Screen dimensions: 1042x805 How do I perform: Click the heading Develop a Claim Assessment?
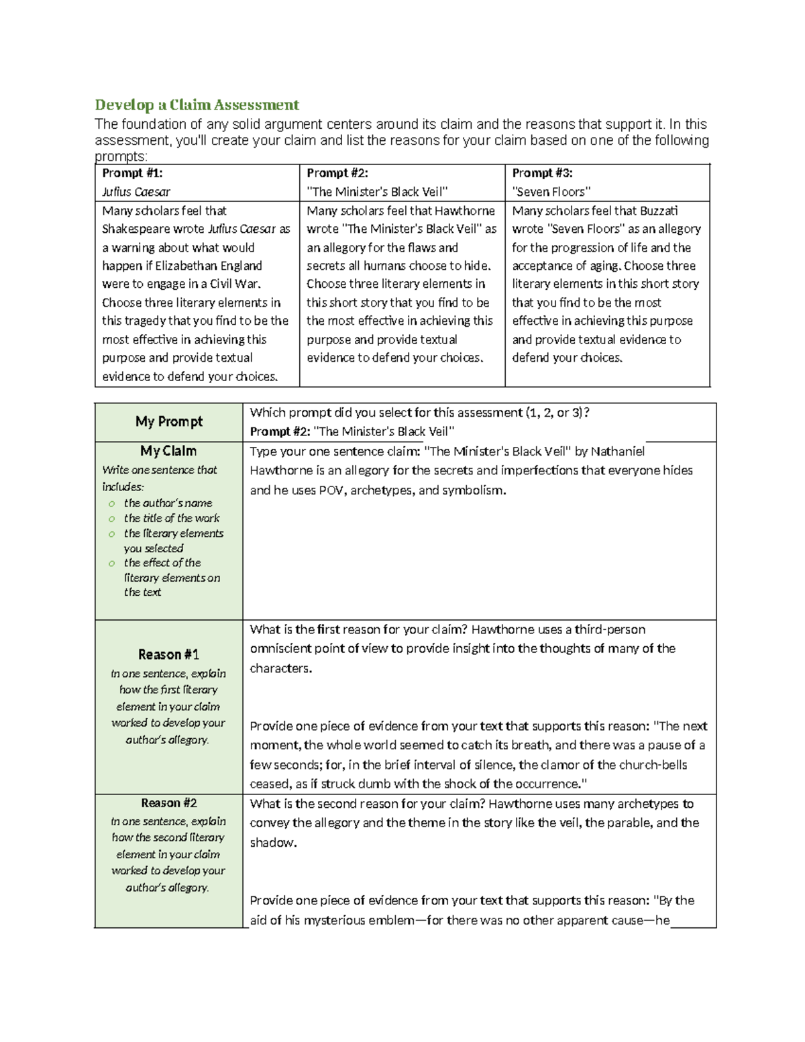point(197,105)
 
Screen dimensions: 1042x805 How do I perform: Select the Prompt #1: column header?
point(132,173)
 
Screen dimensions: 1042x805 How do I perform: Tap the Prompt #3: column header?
point(542,173)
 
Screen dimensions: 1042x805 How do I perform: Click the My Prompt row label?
point(168,421)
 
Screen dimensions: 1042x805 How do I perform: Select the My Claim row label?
point(168,451)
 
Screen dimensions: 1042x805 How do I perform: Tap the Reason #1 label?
point(168,654)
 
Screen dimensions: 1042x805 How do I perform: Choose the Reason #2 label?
point(168,803)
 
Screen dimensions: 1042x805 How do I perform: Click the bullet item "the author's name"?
point(168,503)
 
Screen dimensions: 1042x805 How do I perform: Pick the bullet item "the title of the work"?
point(171,518)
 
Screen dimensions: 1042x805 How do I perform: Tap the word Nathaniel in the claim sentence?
point(614,451)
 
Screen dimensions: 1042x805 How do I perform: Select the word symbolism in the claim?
point(474,490)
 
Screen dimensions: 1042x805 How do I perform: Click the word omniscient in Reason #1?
point(283,648)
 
